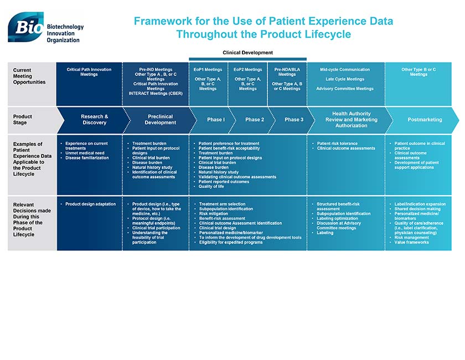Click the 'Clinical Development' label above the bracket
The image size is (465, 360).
[x=247, y=53]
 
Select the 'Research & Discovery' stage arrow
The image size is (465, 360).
[x=94, y=120]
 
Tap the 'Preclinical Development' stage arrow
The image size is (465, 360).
[x=160, y=120]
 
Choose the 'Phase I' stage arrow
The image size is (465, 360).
[x=215, y=120]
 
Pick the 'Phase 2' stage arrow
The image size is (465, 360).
[x=254, y=120]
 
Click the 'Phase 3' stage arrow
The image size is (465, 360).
[x=293, y=120]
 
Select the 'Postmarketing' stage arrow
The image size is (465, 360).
[x=425, y=120]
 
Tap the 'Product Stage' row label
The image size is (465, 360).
[x=23, y=120]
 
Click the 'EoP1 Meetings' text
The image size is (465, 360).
[x=208, y=70]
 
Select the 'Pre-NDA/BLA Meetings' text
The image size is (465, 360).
[x=287, y=72]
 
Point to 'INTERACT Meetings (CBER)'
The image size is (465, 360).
[x=156, y=94]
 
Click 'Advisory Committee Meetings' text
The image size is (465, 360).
[x=344, y=89]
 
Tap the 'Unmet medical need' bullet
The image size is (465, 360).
[x=84, y=153]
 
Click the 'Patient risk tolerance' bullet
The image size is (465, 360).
[x=337, y=143]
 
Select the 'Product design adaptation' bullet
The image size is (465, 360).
[x=90, y=204]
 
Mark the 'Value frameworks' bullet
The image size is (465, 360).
[x=411, y=242]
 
